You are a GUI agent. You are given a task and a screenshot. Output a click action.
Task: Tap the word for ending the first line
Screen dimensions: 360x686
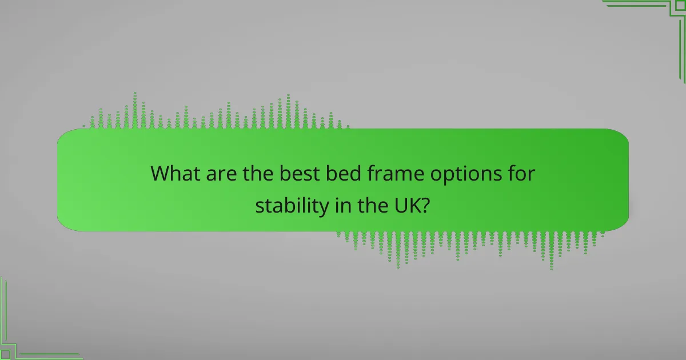click(521, 174)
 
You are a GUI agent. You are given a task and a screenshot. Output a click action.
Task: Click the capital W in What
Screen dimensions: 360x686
click(161, 174)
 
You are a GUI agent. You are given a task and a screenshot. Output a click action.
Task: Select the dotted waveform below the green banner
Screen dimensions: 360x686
click(469, 246)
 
